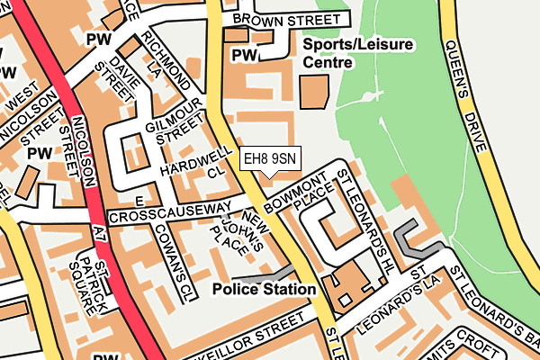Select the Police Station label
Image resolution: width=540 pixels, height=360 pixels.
tap(265, 290)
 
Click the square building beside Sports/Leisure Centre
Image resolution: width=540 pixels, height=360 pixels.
tap(313, 93)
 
